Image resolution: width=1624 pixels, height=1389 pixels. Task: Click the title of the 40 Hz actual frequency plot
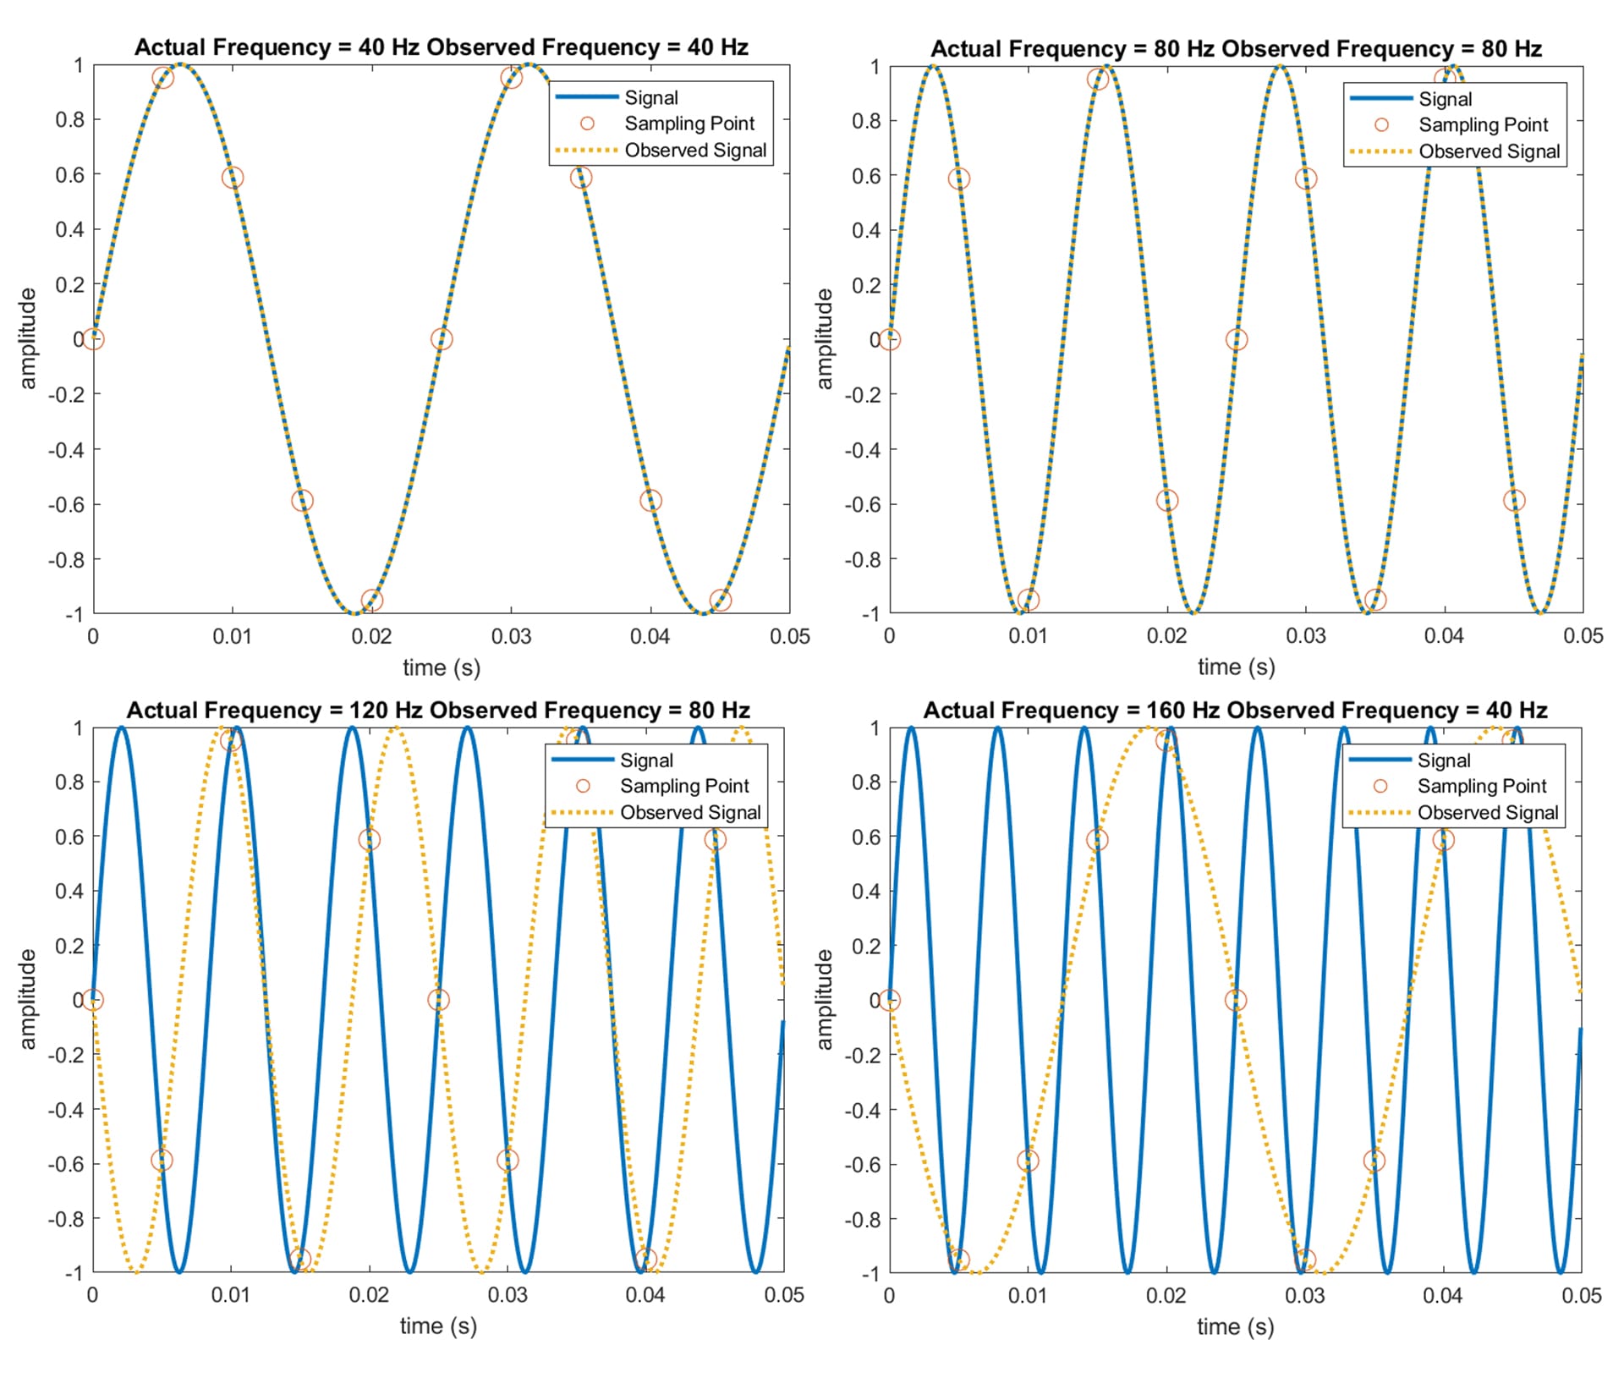441,47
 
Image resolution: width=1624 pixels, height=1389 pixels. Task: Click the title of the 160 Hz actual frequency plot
1235,711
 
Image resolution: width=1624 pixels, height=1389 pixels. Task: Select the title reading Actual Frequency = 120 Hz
438,711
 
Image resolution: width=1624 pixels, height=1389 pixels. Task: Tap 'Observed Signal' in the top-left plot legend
695,151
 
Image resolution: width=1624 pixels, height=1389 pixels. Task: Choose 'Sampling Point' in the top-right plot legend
1483,125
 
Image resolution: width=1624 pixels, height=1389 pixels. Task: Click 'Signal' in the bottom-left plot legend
646,760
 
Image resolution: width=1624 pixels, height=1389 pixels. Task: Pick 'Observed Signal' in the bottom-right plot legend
1488,813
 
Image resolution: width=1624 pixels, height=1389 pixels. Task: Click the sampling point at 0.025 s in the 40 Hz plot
441,339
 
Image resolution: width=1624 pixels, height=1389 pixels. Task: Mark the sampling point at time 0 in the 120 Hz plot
93,1001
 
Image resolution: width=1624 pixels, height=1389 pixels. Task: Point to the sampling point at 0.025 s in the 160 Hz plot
1236,1001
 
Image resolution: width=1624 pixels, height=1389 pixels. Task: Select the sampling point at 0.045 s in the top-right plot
1514,501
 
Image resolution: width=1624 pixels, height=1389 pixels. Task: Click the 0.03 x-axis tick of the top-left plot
511,637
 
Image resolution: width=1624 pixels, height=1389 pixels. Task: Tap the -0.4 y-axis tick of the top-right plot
864,450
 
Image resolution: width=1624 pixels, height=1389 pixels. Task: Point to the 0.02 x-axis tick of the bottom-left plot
369,1295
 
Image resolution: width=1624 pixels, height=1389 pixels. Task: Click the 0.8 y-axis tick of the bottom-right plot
866,782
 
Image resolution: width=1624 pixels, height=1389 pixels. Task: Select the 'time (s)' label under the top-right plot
1236,667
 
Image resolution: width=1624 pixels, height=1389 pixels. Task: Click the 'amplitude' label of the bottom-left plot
28,999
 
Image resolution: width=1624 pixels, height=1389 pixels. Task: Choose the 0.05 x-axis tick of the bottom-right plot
1581,1296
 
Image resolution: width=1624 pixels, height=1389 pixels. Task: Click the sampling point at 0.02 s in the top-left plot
371,601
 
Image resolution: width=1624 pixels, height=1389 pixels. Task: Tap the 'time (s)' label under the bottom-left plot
438,1326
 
